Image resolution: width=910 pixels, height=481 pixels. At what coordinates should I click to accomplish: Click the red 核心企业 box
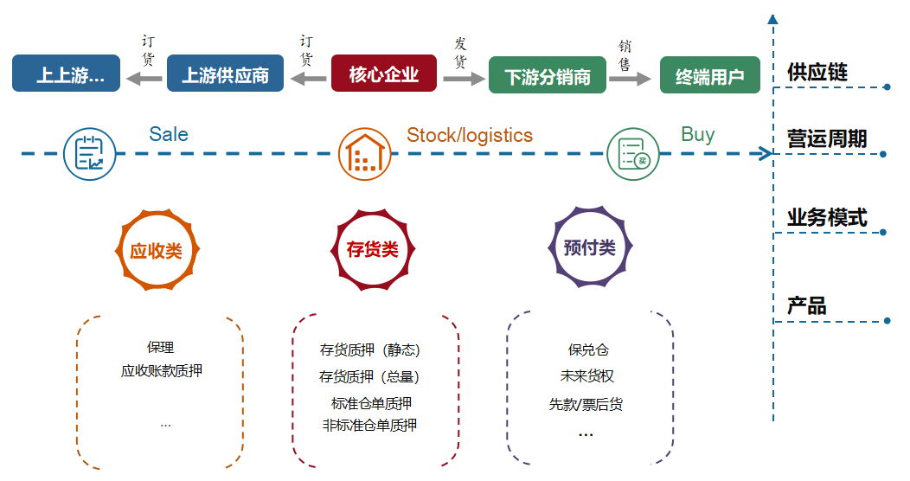point(383,74)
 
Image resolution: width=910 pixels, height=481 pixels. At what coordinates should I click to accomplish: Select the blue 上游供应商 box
point(225,74)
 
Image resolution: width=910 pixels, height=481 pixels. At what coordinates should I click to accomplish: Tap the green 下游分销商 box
point(548,75)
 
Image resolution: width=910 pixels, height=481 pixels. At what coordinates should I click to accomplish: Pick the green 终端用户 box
point(710,75)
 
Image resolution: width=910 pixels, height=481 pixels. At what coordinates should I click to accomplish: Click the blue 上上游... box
point(66,74)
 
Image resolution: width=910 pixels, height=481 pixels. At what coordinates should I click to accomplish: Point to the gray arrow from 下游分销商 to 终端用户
point(630,79)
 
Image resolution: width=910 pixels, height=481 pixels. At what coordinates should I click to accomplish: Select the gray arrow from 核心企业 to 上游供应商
point(308,78)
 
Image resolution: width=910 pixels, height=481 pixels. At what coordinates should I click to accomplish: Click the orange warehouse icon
point(364,154)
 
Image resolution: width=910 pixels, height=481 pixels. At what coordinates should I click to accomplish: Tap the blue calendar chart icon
point(89,154)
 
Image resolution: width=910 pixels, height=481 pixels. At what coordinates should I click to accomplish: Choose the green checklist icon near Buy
point(632,154)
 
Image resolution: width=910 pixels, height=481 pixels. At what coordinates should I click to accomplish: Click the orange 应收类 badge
point(157,250)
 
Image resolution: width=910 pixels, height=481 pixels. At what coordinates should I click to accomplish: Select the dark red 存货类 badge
point(373,249)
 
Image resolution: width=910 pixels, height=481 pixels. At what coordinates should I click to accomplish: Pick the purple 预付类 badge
point(590,247)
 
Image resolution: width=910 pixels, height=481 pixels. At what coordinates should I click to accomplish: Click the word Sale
point(169,134)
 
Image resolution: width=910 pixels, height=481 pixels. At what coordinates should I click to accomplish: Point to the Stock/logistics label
point(470,135)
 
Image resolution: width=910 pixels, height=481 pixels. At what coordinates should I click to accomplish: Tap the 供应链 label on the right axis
point(817,72)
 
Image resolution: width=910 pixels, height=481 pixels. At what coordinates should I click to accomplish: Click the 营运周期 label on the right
point(827,138)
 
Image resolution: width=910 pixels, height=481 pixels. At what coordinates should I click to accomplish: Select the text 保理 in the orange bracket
point(160,347)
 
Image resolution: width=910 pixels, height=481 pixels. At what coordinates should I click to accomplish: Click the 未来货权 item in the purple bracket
point(586,376)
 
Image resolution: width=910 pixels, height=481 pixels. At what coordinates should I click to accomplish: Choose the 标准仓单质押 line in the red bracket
point(371,403)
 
